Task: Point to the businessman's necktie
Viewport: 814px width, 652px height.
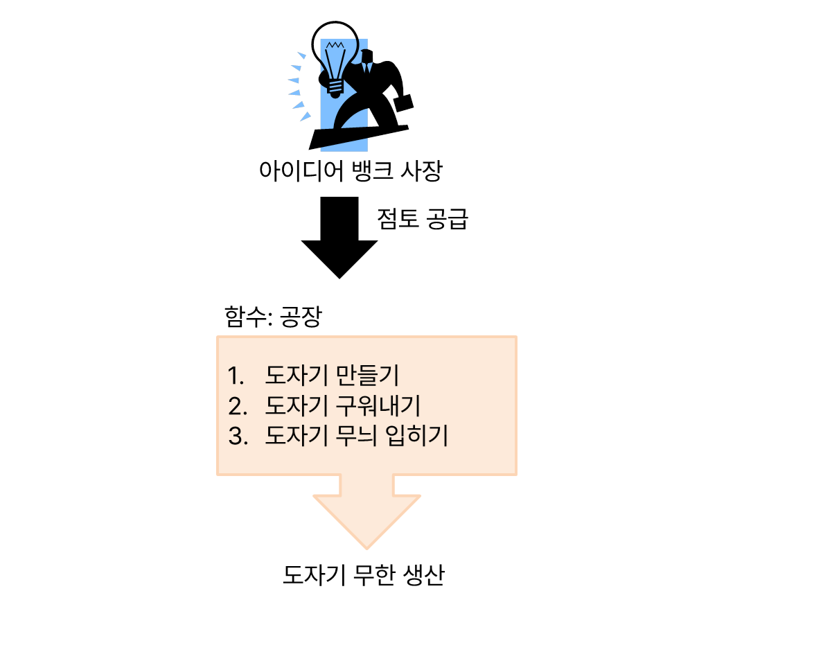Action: [368, 68]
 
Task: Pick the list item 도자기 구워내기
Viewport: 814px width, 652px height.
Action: [343, 405]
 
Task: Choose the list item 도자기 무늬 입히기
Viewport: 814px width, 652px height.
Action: [357, 436]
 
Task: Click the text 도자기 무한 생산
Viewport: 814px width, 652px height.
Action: [364, 576]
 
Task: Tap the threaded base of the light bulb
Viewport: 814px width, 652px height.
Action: [335, 86]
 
